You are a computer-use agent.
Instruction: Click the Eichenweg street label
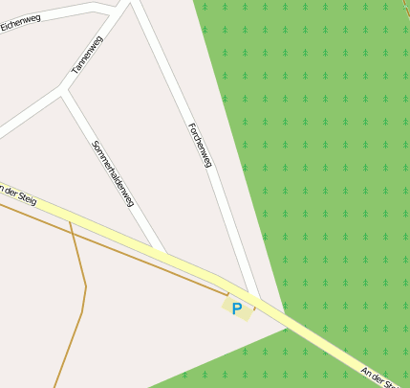point(20,20)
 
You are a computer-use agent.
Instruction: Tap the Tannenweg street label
point(87,56)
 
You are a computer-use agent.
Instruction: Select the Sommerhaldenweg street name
point(113,173)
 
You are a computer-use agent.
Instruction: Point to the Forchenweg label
point(199,145)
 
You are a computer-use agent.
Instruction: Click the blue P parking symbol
point(237,308)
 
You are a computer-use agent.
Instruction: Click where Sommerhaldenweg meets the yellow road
point(164,256)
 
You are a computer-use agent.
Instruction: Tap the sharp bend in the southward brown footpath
point(86,285)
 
